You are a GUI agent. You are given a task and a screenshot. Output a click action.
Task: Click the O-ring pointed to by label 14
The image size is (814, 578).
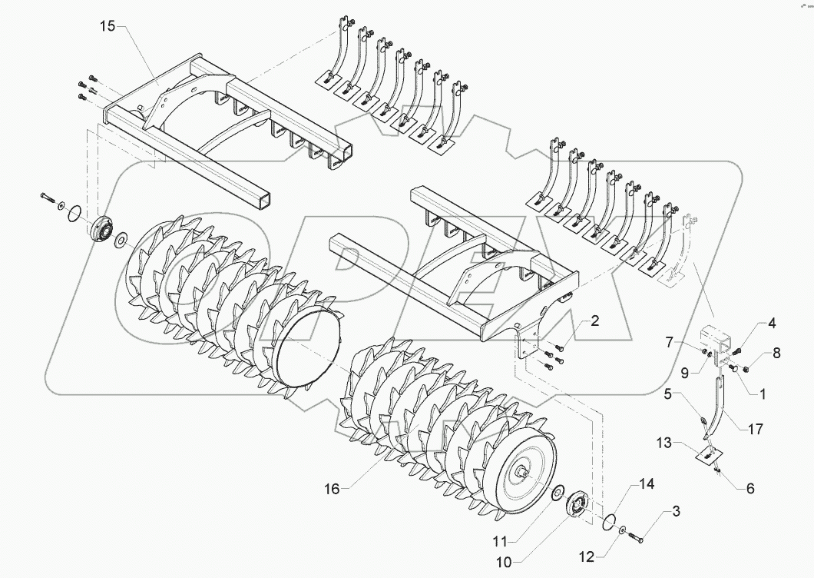coord(610,523)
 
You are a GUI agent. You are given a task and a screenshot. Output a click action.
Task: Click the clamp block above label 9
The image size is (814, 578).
coord(713,339)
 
